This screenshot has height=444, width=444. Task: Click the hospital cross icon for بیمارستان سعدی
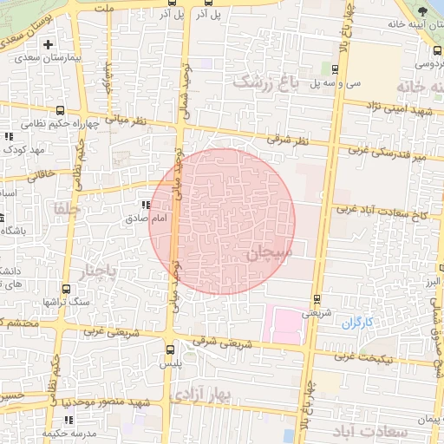48,43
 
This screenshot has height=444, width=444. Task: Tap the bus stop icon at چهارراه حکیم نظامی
60,110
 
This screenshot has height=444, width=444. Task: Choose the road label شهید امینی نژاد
399,107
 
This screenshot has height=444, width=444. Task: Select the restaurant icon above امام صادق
145,206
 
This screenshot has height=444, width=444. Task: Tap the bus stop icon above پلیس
169,349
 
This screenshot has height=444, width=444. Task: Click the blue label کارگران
356,323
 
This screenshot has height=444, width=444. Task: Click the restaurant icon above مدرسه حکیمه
68,421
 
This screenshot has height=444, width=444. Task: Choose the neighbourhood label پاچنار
97,273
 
